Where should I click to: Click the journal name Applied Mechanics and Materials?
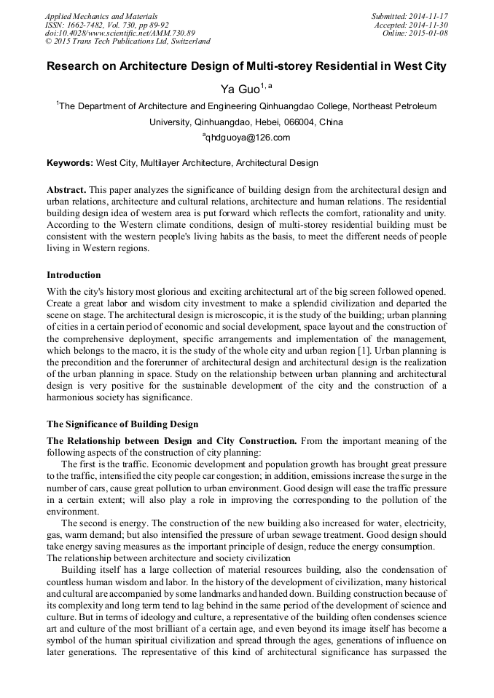(x=101, y=16)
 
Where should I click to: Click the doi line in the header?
(x=120, y=33)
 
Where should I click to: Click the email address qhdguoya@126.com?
(x=248, y=138)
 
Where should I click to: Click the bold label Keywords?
(x=70, y=163)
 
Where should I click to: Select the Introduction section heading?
(x=74, y=275)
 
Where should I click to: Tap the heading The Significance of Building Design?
(x=122, y=424)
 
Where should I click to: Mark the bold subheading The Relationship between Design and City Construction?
(x=171, y=440)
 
